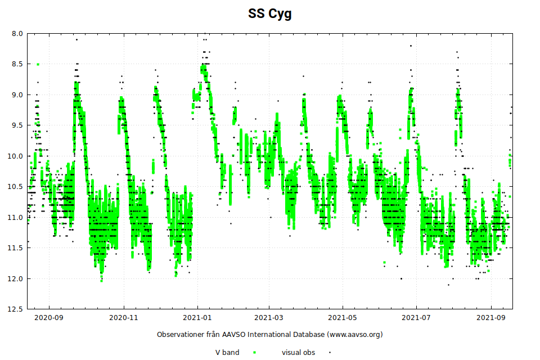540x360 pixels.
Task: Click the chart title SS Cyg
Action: pos(270,14)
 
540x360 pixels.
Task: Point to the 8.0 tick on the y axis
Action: pos(17,33)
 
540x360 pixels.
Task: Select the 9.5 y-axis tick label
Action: pos(17,125)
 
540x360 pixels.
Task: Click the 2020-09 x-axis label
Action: pos(49,317)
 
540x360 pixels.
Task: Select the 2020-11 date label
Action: pos(124,317)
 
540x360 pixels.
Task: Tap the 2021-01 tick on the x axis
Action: pos(197,317)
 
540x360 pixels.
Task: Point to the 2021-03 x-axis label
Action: pos(269,317)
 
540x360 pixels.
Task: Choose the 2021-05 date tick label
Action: pos(343,317)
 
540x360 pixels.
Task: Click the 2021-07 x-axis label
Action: pos(416,317)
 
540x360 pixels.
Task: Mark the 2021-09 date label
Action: pos(491,317)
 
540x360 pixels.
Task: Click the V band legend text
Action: pos(228,353)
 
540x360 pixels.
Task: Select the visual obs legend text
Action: pos(298,353)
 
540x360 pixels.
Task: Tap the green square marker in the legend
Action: pos(254,353)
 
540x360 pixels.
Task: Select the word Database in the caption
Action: pos(307,335)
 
